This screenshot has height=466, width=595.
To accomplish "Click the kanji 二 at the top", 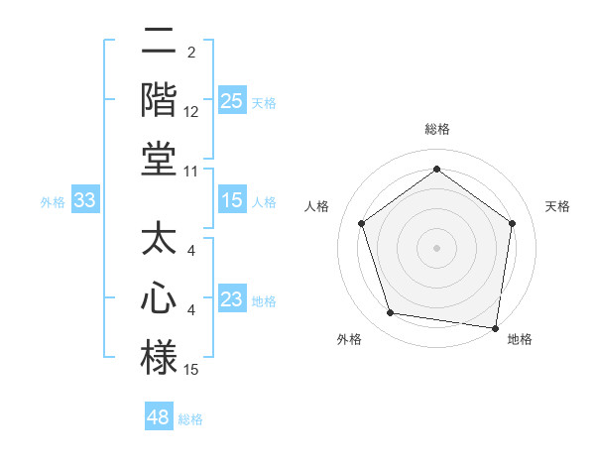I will (159, 43).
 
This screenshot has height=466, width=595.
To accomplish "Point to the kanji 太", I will (159, 241).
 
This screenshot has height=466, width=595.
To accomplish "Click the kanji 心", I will (159, 298).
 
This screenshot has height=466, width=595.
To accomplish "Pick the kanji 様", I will (159, 356).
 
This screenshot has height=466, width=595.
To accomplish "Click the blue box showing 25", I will (232, 100).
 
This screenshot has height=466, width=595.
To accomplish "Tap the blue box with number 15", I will (232, 200).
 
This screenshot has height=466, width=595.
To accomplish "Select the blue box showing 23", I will (232, 299).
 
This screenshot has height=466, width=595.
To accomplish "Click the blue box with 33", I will (85, 200).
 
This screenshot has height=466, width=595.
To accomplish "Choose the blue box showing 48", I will (159, 417).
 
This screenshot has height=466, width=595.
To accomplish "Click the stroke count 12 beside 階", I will (191, 112).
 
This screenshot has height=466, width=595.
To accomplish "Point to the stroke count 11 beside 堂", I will (191, 172).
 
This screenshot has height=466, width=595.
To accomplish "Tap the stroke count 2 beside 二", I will (191, 52).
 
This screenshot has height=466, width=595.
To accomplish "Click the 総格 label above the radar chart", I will (437, 129).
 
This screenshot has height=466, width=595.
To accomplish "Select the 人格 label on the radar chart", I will (317, 206).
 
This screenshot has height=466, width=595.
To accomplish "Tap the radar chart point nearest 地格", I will (495, 326).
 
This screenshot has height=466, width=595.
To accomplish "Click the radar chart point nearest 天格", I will (512, 223).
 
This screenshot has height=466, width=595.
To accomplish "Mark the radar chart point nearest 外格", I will (391, 313).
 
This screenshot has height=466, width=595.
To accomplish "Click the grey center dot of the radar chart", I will (437, 247).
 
